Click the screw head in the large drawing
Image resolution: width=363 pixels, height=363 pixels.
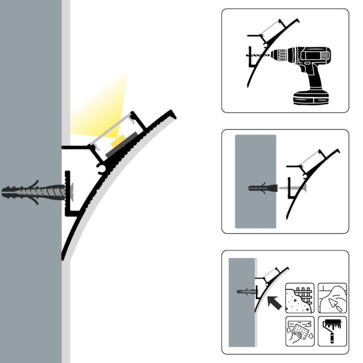coord(72,192)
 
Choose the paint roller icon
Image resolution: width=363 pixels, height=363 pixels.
coord(332,331)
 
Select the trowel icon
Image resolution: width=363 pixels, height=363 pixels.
coord(332,298)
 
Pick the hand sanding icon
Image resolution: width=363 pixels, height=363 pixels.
coord(300,331)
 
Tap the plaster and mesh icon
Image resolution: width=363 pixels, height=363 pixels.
coord(300,298)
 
